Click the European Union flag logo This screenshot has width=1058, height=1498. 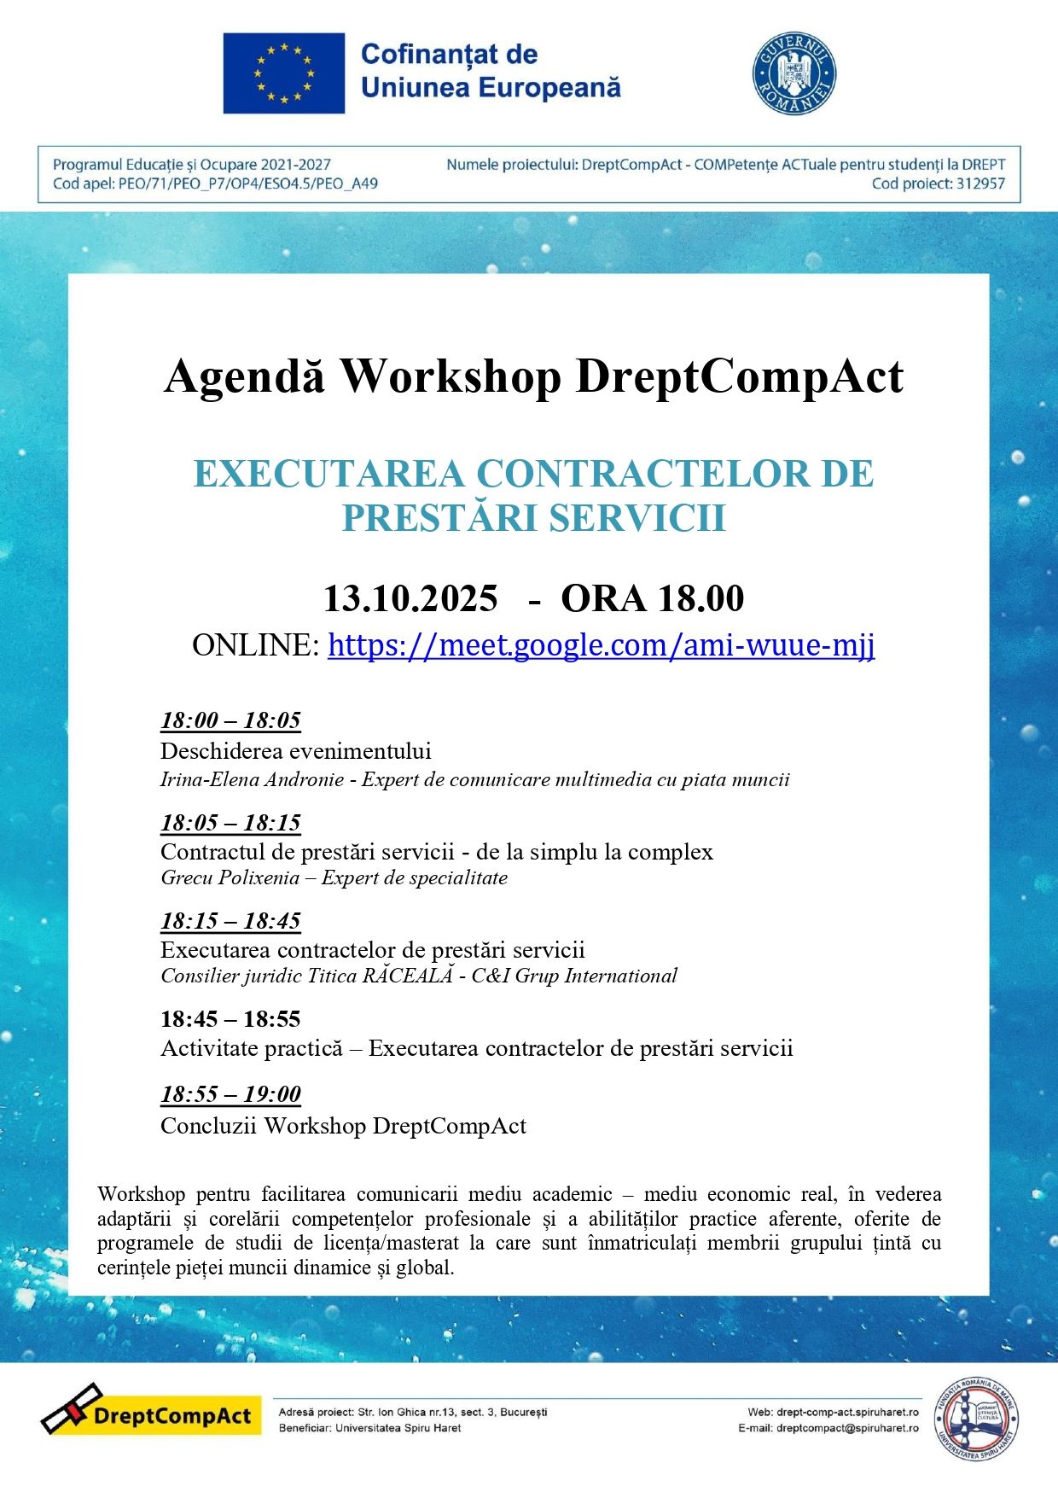(x=283, y=73)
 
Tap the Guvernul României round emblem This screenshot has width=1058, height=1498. (x=793, y=73)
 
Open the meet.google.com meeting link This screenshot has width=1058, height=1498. (x=601, y=645)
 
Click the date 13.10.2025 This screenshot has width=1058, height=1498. (x=410, y=598)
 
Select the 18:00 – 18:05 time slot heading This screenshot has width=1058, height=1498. (x=230, y=720)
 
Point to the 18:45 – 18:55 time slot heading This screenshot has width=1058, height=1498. (x=230, y=1018)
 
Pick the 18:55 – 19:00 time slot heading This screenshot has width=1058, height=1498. (x=230, y=1094)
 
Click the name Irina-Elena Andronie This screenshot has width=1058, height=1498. (x=252, y=779)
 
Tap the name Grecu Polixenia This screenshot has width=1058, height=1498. (x=230, y=877)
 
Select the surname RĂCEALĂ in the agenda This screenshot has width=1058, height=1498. (x=407, y=976)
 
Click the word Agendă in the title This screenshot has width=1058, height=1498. (x=245, y=376)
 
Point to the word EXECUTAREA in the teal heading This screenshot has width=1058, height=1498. (x=328, y=475)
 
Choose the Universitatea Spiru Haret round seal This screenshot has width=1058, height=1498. (x=977, y=1419)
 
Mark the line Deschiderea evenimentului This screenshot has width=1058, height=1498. (x=295, y=751)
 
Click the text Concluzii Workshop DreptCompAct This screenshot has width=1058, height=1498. (x=343, y=1126)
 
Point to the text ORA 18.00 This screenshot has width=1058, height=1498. (x=652, y=598)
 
